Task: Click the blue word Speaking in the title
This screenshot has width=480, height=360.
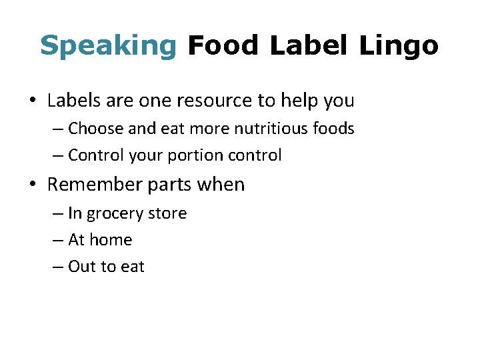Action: [107, 46]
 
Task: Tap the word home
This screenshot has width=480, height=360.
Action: [111, 239]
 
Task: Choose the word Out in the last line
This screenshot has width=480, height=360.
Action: [82, 267]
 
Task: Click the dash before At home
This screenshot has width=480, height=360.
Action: [58, 240]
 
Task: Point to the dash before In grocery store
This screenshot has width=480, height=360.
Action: [58, 214]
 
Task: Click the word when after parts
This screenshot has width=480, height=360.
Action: [223, 185]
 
